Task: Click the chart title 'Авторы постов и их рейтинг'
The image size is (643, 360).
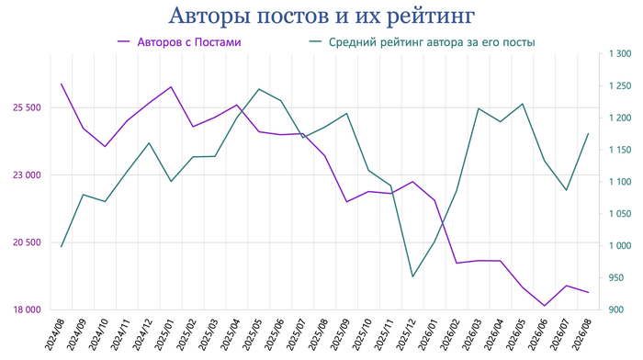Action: [x=321, y=17]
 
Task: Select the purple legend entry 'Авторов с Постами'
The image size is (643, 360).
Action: [x=179, y=42]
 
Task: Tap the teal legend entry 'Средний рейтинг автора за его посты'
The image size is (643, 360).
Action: [x=422, y=42]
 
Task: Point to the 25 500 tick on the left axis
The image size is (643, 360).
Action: [x=27, y=107]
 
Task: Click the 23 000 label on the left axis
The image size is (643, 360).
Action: [x=27, y=175]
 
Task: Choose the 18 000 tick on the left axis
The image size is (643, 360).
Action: [x=27, y=309]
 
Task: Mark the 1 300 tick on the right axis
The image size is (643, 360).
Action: [x=620, y=53]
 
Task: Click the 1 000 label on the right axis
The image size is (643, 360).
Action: [x=620, y=245]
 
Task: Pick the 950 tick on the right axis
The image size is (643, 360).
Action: [x=616, y=277]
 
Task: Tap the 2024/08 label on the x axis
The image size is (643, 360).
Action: [x=54, y=334]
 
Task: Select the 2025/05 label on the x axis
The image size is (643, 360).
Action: [x=253, y=334]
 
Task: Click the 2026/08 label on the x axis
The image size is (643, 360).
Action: [x=581, y=334]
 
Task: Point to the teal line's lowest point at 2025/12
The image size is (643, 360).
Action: [x=412, y=276]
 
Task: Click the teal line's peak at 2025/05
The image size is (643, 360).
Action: [x=259, y=89]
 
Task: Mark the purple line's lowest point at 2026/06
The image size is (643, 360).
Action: [x=545, y=306]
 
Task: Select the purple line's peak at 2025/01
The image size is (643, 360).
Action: [x=171, y=87]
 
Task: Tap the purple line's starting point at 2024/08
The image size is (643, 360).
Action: [x=62, y=84]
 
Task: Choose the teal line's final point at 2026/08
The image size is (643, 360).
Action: [x=589, y=134]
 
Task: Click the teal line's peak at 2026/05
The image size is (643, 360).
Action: [x=523, y=104]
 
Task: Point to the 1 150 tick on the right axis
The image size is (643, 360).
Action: [x=620, y=150]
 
